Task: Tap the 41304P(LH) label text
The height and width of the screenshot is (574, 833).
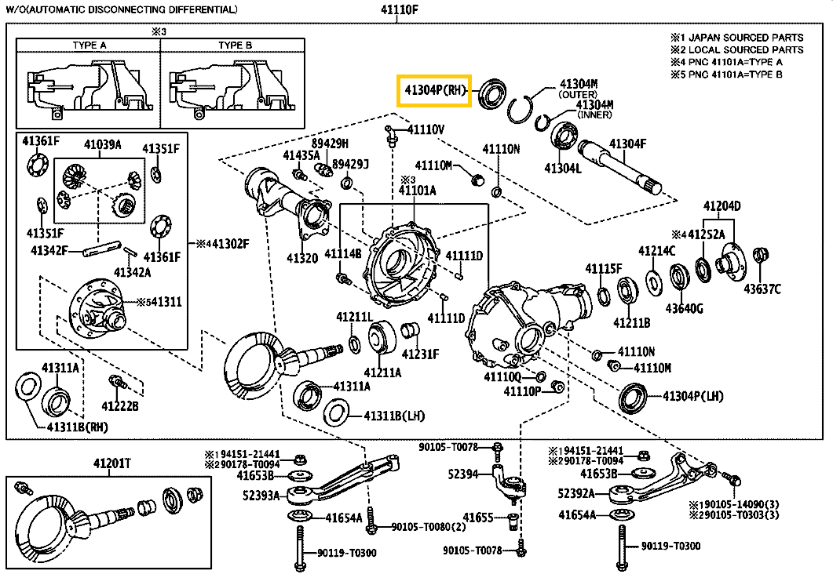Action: tap(692, 397)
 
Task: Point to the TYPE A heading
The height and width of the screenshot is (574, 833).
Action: tap(90, 45)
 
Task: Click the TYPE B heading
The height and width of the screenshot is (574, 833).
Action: tap(236, 45)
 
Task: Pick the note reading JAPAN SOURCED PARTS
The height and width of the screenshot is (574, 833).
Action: tap(742, 37)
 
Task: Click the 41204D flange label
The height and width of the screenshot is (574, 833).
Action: tap(721, 206)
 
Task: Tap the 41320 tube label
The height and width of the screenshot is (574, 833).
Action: tap(301, 257)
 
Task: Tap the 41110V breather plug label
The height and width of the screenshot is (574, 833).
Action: tap(426, 129)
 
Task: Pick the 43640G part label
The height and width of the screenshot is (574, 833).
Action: tap(685, 308)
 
